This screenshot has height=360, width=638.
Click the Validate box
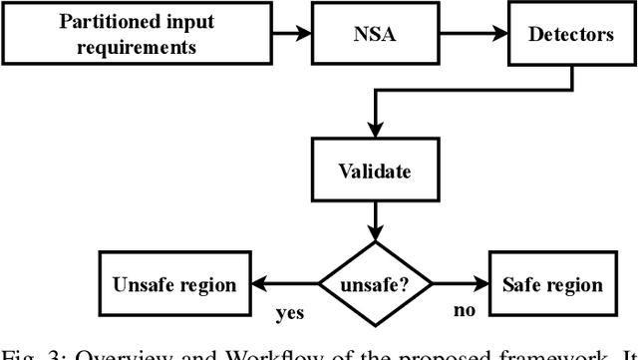[x=373, y=172]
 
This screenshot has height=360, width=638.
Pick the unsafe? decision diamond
[x=373, y=285]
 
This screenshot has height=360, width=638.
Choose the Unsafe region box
[x=173, y=285]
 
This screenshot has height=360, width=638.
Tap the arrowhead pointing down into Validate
[x=373, y=132]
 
